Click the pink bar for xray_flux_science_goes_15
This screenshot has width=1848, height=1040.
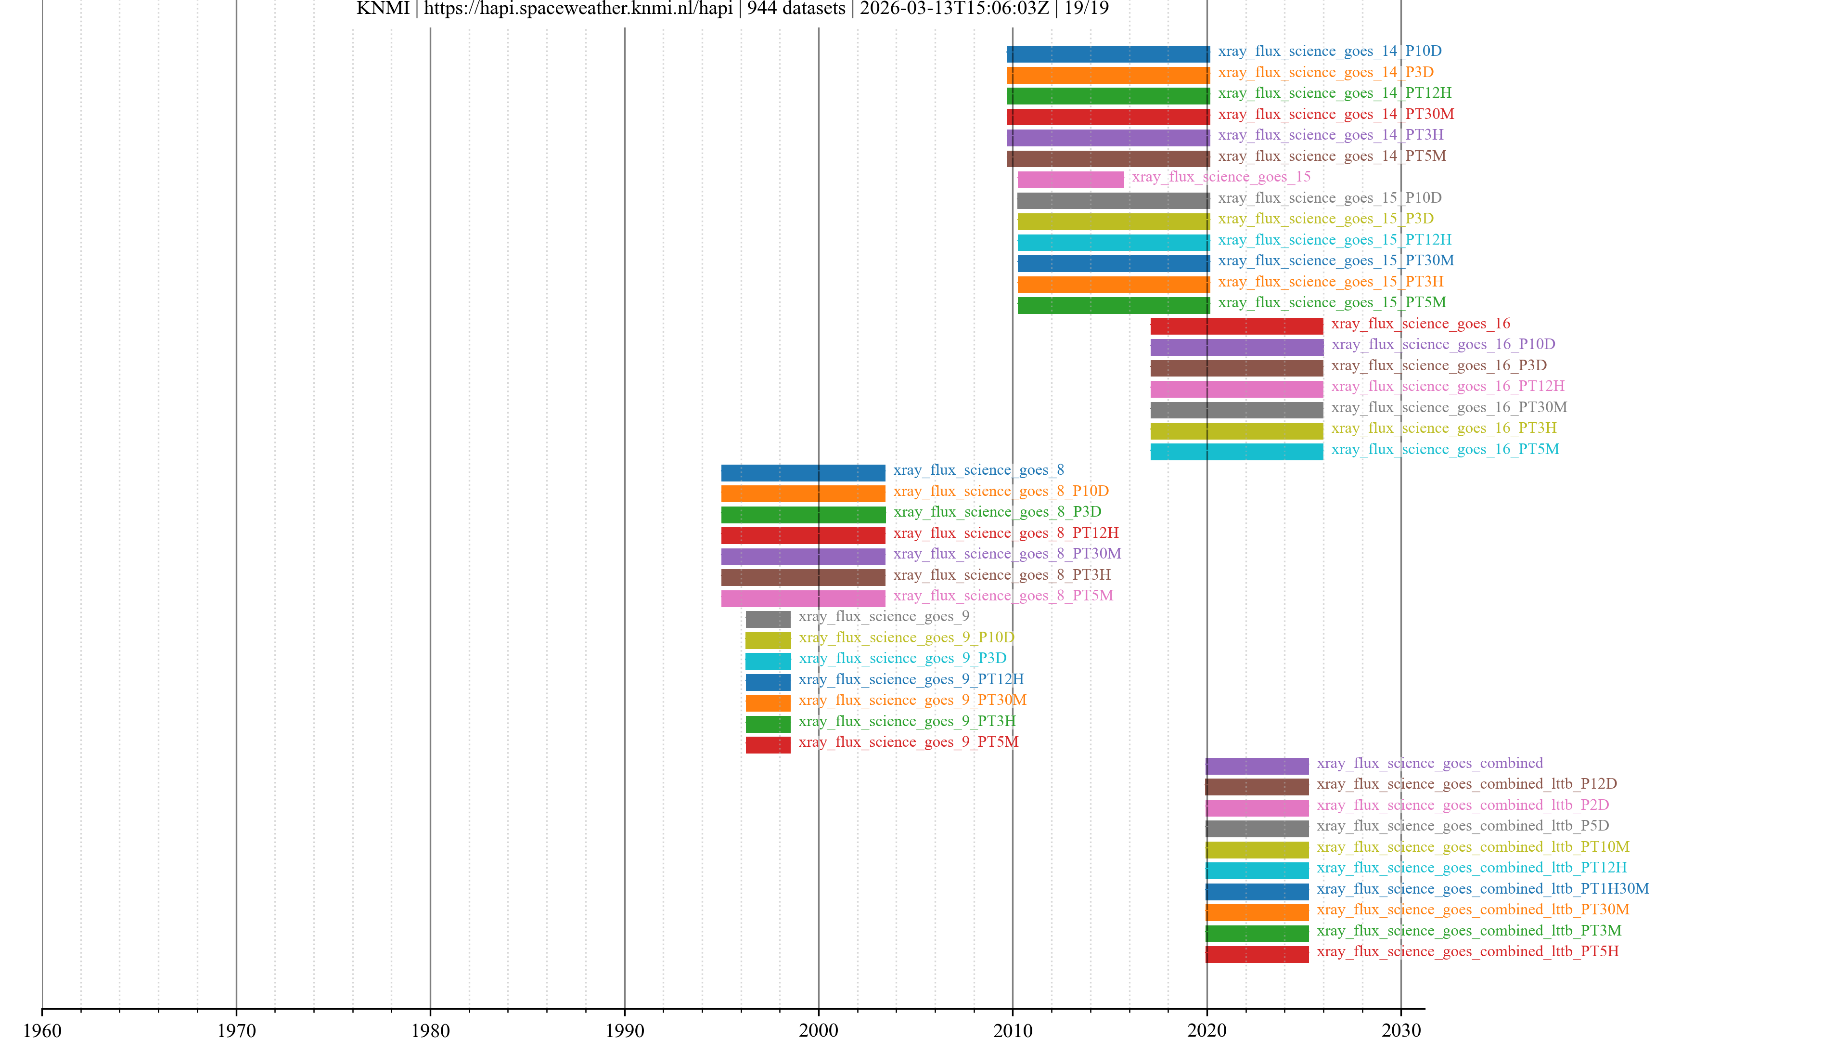point(1070,180)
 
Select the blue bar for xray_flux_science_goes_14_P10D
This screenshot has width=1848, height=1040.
point(1108,54)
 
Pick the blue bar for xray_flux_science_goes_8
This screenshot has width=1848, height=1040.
point(803,472)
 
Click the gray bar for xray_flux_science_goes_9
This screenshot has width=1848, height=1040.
point(768,619)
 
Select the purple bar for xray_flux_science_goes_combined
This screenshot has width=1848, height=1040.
point(1257,766)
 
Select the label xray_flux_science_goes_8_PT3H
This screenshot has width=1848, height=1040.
point(1001,575)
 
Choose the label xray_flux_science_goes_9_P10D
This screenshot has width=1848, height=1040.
point(906,637)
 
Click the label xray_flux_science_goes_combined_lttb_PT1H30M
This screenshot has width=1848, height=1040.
point(1482,888)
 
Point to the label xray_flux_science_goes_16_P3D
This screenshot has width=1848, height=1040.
point(1438,365)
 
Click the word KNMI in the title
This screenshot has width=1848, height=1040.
point(383,9)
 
